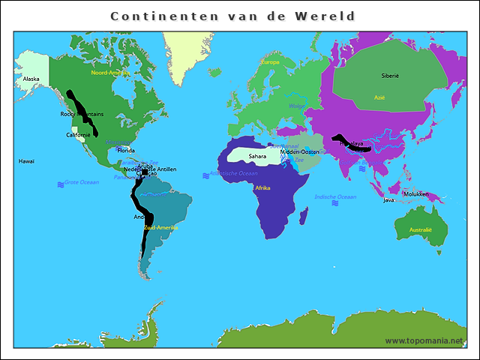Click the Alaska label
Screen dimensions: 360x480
click(31, 79)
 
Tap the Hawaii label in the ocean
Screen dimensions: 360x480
click(27, 161)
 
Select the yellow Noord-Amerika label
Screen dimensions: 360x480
click(109, 73)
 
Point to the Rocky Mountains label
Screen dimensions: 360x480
click(82, 114)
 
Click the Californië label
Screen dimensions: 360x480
click(79, 135)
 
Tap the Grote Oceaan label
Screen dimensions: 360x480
click(81, 183)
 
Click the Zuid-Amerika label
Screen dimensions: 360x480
click(161, 226)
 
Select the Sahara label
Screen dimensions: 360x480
click(258, 156)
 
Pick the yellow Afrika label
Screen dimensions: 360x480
click(262, 187)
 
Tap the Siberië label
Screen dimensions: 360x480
click(390, 76)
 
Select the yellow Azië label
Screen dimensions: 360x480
click(379, 97)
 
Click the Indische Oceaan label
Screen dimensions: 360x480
click(335, 196)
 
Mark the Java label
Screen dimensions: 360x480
click(388, 200)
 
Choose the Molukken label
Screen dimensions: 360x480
click(415, 193)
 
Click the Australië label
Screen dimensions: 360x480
click(421, 229)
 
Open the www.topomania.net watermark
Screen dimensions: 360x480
click(424, 340)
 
